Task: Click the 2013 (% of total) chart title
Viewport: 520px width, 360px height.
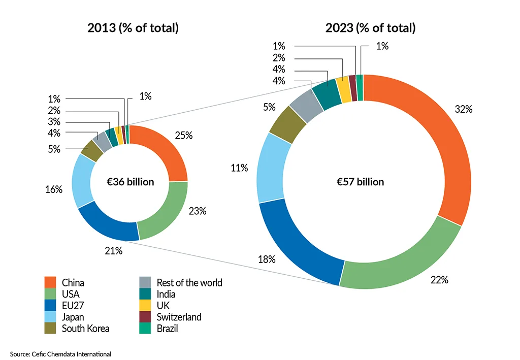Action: (x=133, y=28)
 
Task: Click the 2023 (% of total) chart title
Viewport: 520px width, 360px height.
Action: (x=370, y=28)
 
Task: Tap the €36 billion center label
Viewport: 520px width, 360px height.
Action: (x=131, y=182)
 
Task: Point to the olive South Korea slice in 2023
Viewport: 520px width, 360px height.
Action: (x=287, y=125)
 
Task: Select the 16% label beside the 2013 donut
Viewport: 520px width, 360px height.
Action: (x=53, y=189)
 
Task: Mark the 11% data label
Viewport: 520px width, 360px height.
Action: (x=239, y=168)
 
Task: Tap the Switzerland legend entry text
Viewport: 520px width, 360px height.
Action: (x=179, y=317)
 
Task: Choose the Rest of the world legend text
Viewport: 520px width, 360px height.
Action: (x=189, y=283)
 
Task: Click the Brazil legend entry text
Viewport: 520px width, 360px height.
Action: (x=167, y=329)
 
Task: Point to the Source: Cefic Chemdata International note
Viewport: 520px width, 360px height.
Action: (x=60, y=353)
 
